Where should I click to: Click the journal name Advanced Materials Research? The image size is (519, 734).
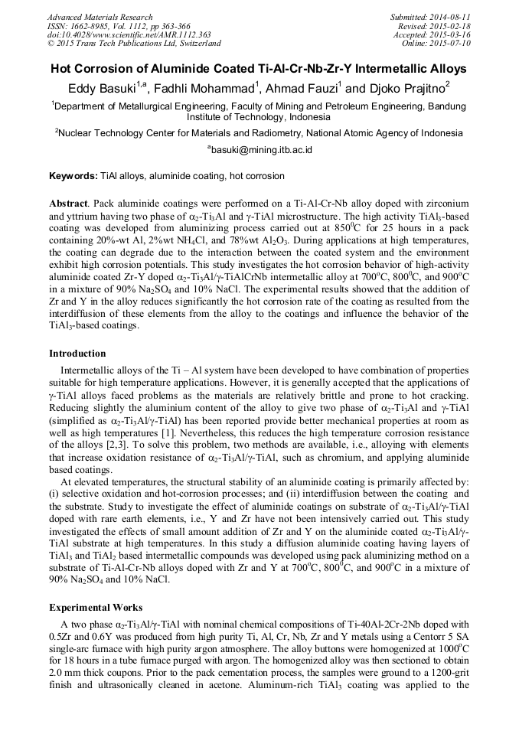100,17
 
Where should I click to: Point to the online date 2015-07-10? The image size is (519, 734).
452,44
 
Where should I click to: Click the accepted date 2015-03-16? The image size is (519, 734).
452,35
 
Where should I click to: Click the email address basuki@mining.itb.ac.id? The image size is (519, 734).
261,151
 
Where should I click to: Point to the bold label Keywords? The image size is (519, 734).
73,176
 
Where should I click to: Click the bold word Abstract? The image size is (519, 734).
67,205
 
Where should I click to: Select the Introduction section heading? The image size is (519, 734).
77,354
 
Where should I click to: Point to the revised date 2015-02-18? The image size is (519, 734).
452,26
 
